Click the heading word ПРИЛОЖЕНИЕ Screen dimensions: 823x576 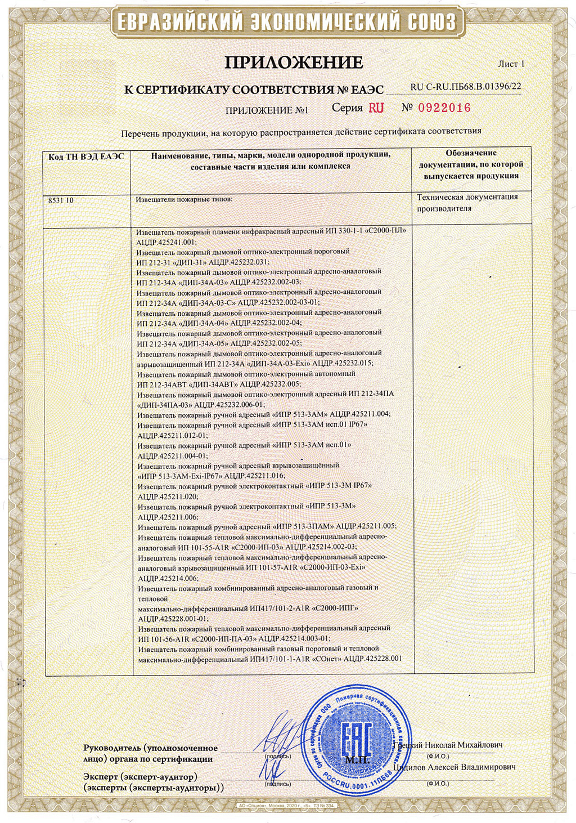(294, 62)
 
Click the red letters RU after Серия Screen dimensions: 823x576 (376, 108)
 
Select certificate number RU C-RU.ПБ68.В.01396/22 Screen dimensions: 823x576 (466, 87)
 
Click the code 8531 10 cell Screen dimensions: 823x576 (61, 200)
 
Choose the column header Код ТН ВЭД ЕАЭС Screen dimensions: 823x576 (86, 157)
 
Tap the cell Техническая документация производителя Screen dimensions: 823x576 (467, 203)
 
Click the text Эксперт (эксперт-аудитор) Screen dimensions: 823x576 (141, 777)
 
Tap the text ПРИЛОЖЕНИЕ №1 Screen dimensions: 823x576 (267, 110)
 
